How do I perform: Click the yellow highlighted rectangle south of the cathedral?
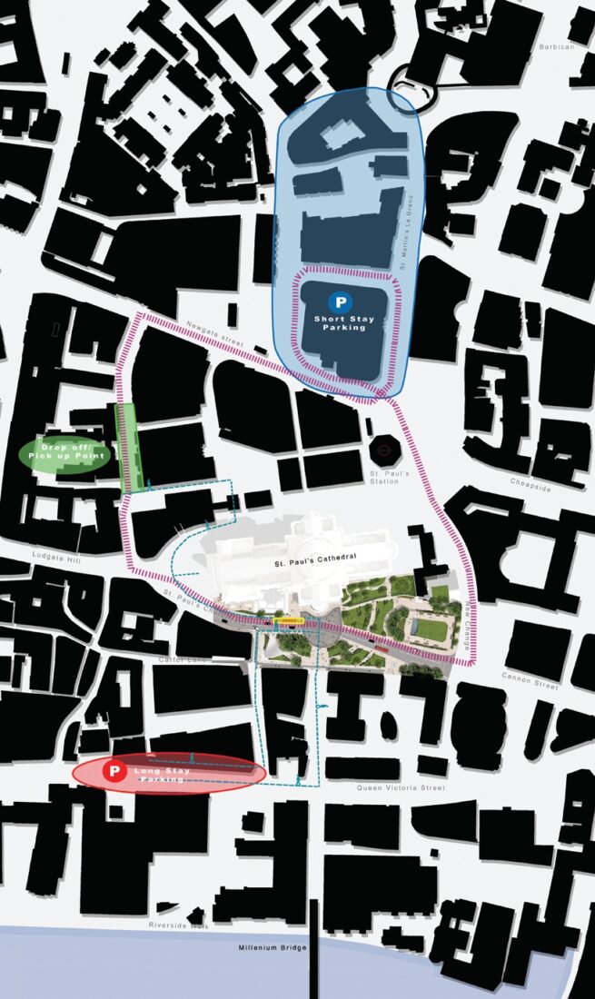(290, 621)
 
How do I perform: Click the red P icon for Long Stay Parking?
(114, 773)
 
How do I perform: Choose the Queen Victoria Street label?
(401, 788)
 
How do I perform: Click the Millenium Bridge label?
(273, 948)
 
